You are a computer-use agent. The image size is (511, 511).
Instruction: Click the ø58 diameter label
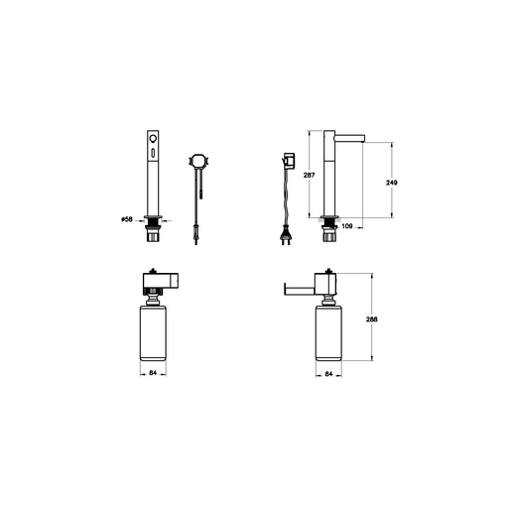(x=127, y=219)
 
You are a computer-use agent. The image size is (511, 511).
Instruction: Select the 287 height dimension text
(x=309, y=175)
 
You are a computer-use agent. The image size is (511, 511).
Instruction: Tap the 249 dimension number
(x=392, y=183)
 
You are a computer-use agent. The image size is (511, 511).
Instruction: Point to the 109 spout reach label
(x=347, y=226)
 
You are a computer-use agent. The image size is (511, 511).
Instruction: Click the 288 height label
(x=372, y=319)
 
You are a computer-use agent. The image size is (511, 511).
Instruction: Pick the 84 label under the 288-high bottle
(x=328, y=374)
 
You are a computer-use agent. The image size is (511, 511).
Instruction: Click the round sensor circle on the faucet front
(x=153, y=139)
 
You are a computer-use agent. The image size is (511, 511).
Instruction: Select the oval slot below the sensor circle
(x=153, y=153)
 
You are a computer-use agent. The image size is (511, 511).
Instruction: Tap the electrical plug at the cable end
(x=285, y=234)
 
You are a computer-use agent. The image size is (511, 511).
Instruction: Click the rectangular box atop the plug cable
(x=290, y=161)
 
